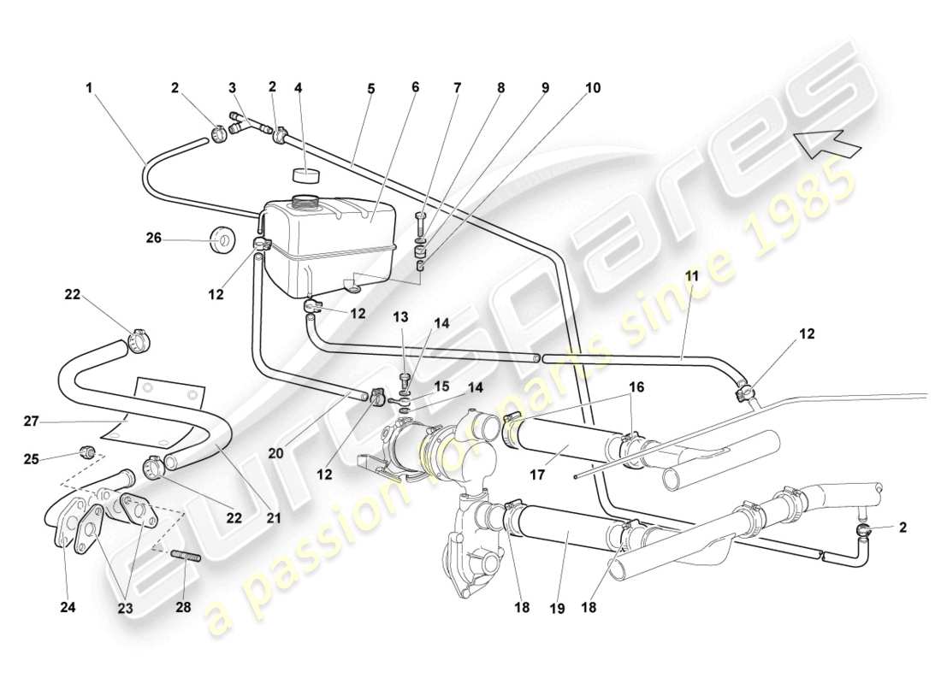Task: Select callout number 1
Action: [x=88, y=87]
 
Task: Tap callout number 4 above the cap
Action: [x=298, y=87]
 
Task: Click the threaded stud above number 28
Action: [x=186, y=559]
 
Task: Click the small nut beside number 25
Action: [x=86, y=451]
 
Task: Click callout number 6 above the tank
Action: [x=415, y=87]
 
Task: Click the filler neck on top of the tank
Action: [x=305, y=202]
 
